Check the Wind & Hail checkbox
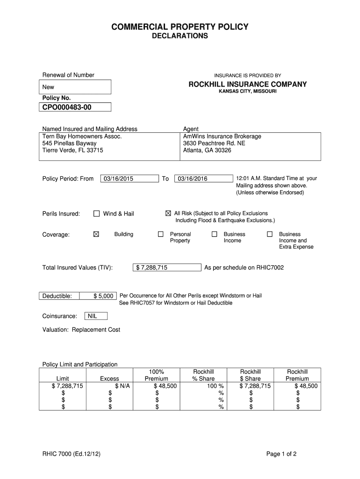(97, 214)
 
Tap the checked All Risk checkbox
(168, 213)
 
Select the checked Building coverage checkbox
(96, 234)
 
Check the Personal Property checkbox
(160, 234)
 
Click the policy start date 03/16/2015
(119, 179)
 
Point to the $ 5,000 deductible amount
(103, 296)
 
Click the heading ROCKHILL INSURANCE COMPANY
(247, 85)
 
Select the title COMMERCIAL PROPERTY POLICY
(180, 27)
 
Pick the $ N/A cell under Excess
(122, 386)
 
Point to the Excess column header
(109, 378)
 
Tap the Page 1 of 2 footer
(281, 454)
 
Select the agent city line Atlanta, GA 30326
(207, 151)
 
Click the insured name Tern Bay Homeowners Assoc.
(82, 136)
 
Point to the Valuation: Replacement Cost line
(81, 330)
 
